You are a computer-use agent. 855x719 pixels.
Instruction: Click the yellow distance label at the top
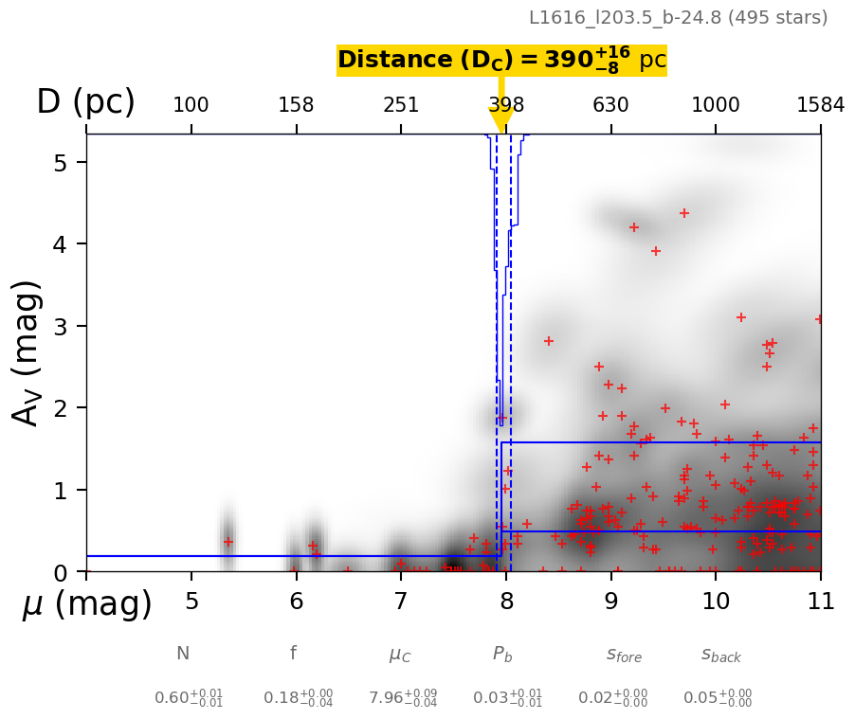pos(501,61)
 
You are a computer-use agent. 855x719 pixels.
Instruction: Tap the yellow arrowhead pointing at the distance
pos(501,120)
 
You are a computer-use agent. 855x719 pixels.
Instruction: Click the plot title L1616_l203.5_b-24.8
pos(678,18)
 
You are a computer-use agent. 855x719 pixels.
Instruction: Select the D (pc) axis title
pos(85,102)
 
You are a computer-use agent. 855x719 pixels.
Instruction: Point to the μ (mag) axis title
pos(86,604)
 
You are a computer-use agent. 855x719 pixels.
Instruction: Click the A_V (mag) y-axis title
pos(29,352)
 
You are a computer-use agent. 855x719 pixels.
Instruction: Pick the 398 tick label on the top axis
pos(506,104)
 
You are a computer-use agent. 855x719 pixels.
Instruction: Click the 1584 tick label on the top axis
pos(820,104)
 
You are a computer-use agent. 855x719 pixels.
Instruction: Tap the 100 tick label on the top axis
pos(191,104)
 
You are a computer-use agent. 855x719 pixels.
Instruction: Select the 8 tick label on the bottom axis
pos(506,602)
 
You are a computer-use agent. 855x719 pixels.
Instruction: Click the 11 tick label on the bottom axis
pos(820,602)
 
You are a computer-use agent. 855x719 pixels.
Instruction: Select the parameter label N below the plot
pos(183,654)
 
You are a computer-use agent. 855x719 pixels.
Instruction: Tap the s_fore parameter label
pos(624,655)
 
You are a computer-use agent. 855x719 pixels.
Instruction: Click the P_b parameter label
pos(502,654)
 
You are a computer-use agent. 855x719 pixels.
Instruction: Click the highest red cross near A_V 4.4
pos(684,213)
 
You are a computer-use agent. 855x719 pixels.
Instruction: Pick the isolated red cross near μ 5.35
pos(227,542)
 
